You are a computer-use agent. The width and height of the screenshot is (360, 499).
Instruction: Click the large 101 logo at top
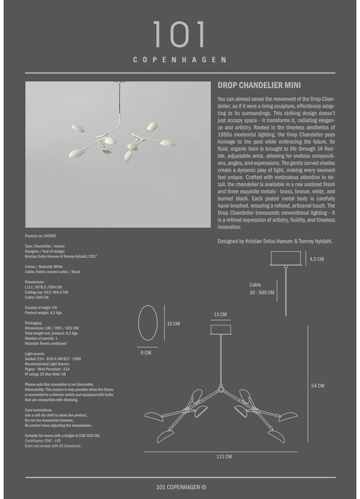tap(179, 35)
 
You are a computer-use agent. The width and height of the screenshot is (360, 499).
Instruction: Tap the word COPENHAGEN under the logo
tap(179, 60)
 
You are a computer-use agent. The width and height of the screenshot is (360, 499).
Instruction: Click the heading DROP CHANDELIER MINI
tap(259, 85)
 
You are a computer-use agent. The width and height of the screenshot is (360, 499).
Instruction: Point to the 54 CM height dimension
tap(318, 386)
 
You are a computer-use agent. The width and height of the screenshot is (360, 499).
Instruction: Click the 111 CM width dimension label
tap(224, 456)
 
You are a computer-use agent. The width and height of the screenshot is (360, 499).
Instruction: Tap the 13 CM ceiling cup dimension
tap(220, 314)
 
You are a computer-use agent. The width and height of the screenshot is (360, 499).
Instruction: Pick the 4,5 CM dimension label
tap(317, 259)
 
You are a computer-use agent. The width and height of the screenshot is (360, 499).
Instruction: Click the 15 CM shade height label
tap(173, 324)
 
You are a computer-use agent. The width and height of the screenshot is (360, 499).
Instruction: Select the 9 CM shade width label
tap(147, 353)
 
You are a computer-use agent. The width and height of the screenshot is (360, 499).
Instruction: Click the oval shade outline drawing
tap(148, 323)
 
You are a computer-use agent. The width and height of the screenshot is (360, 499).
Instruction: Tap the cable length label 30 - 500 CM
tap(262, 292)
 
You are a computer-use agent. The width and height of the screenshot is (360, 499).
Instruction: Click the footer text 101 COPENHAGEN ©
tap(181, 487)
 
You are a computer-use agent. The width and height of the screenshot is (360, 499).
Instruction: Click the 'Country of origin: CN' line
tap(41, 308)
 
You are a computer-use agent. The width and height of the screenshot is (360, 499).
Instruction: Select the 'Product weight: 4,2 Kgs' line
tap(43, 313)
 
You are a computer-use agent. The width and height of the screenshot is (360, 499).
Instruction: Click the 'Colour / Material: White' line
tap(44, 266)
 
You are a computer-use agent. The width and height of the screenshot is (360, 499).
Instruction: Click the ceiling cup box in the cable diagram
tap(286, 258)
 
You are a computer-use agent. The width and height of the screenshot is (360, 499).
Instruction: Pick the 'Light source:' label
tap(35, 354)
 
